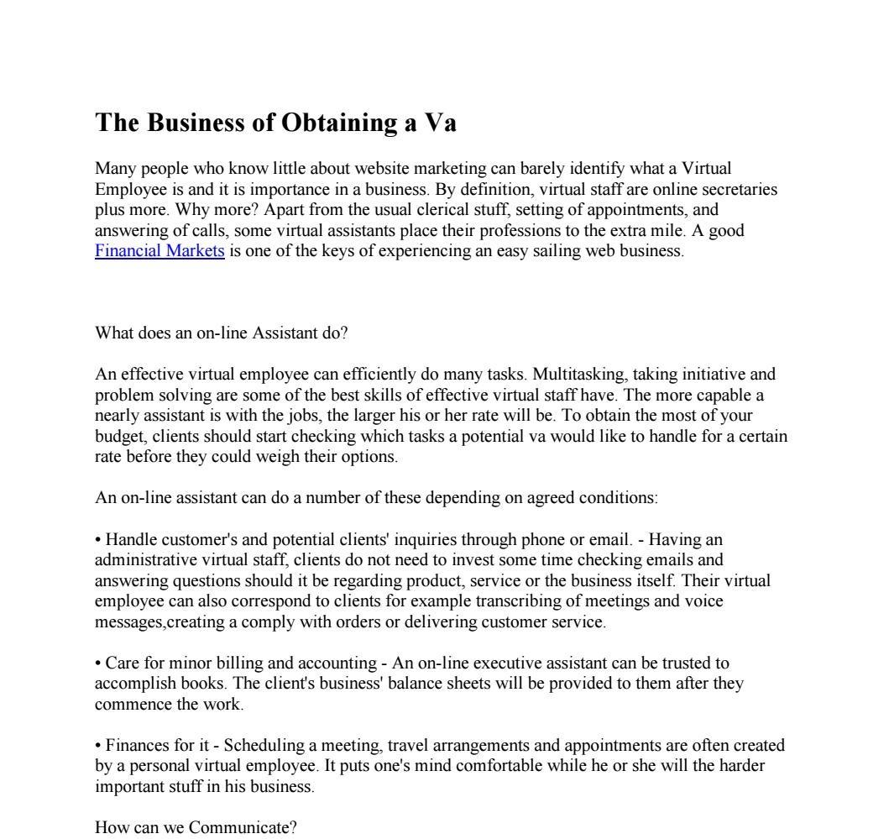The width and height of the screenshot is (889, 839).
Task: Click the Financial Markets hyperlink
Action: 159,251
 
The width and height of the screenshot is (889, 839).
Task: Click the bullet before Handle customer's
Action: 98,540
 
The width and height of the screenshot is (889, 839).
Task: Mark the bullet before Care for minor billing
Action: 98,663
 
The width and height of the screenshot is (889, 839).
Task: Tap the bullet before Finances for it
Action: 98,746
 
